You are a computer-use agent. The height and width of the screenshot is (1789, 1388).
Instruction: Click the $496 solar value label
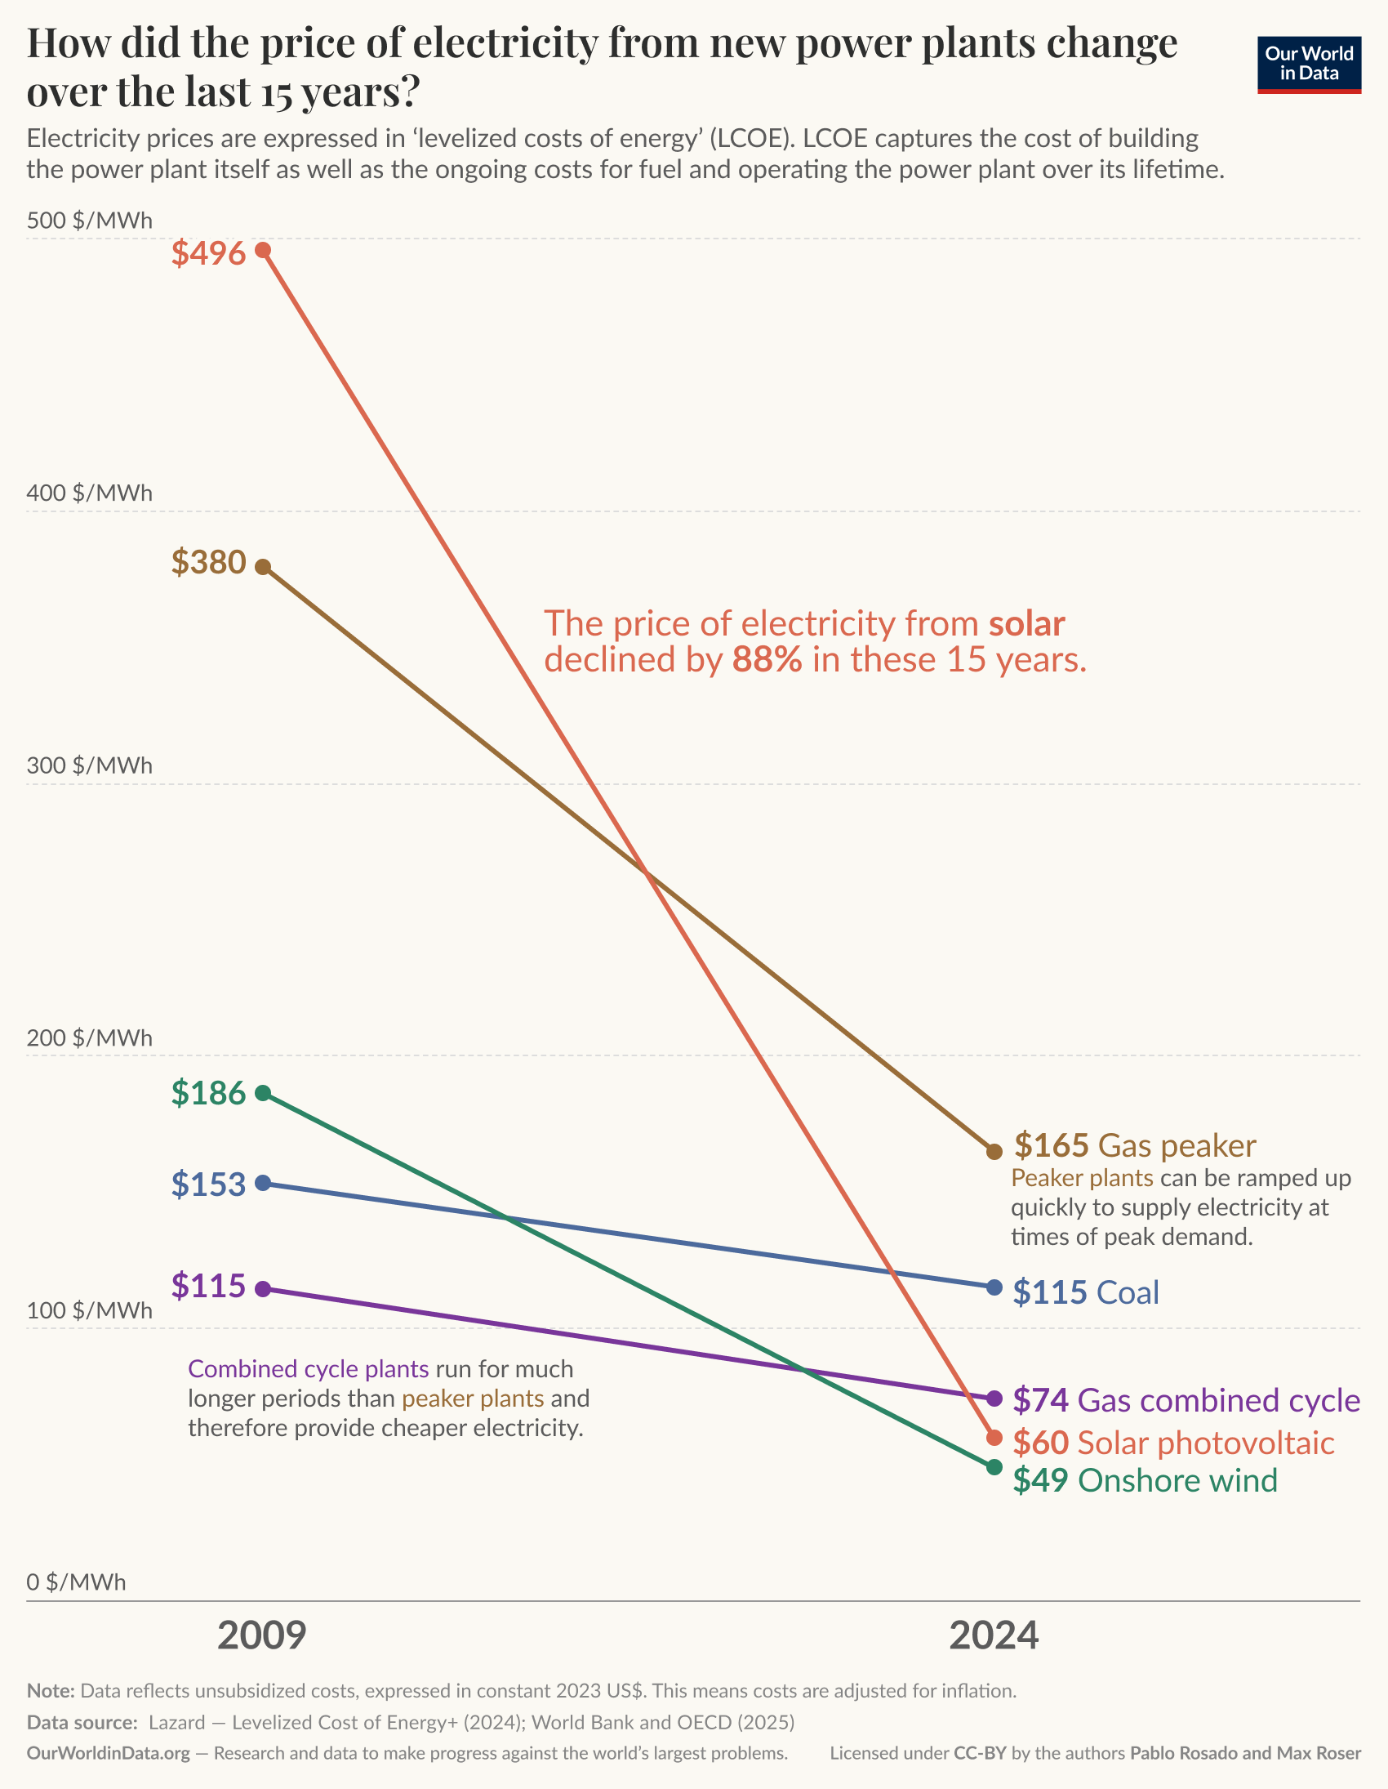[208, 253]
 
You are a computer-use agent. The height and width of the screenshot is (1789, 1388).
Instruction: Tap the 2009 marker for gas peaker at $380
[263, 567]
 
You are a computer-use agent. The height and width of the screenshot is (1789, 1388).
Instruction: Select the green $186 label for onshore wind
[208, 1093]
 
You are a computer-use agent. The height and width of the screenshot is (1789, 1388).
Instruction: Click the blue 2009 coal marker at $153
[263, 1183]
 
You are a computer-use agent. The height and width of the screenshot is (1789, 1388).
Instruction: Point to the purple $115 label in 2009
[208, 1286]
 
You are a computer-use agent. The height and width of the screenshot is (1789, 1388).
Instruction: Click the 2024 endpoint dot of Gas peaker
[994, 1152]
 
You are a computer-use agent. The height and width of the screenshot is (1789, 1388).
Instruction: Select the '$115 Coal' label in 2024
[1086, 1292]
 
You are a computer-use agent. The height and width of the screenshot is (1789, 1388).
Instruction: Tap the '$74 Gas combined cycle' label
[1186, 1400]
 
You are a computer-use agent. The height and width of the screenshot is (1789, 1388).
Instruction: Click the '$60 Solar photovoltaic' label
[1172, 1443]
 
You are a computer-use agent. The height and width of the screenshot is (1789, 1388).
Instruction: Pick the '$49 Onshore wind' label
[1145, 1480]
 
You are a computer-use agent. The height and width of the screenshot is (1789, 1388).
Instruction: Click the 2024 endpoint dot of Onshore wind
[994, 1466]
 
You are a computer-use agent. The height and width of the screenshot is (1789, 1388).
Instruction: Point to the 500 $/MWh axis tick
[89, 221]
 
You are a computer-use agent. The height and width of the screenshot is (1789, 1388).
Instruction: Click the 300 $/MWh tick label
[89, 765]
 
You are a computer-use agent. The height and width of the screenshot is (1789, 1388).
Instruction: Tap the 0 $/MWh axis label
[76, 1582]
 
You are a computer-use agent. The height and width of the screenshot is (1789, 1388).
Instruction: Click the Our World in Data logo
[1309, 64]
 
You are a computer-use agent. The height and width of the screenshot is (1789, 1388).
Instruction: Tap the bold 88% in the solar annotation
[767, 659]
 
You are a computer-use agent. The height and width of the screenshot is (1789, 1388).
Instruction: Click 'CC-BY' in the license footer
[980, 1753]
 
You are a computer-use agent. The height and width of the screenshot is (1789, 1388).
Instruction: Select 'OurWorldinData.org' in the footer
[108, 1753]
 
